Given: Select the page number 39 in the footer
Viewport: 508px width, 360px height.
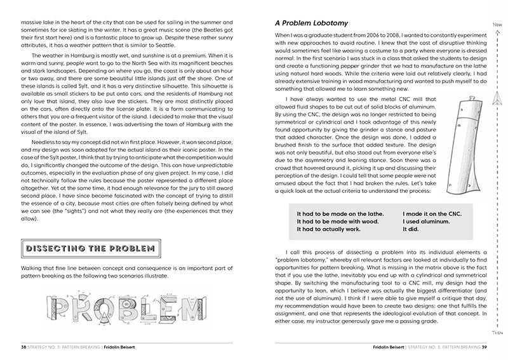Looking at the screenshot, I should pyautogui.click(x=483, y=348).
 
